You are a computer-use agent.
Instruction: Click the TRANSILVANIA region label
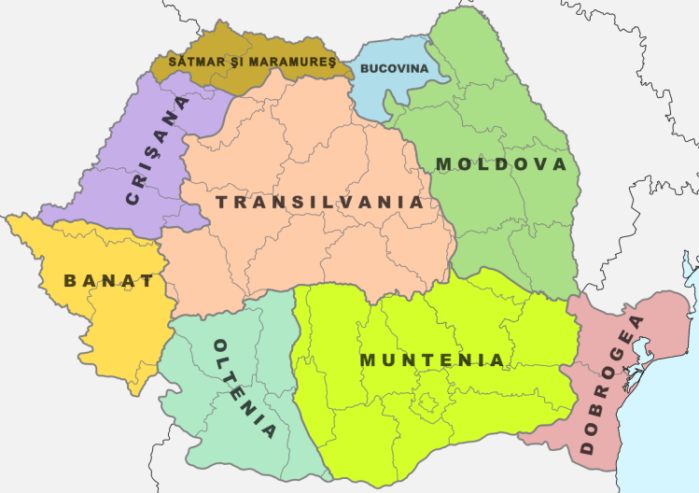tap(319, 202)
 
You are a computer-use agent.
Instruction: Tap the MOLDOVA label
tap(501, 164)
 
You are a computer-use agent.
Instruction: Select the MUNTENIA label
tap(432, 359)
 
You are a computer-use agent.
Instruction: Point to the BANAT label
tap(108, 279)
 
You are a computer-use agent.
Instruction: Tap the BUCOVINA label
tap(394, 69)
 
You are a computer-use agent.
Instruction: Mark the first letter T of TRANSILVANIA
tap(221, 202)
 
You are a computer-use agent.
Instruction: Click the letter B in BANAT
tap(71, 279)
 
